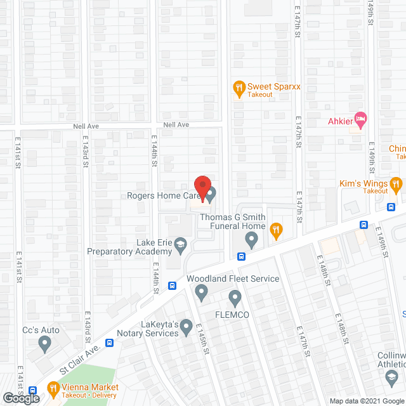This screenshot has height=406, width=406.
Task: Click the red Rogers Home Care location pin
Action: (x=202, y=188)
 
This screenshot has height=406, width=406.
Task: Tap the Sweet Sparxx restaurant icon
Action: (x=239, y=87)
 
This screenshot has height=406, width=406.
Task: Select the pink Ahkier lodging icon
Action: (x=360, y=119)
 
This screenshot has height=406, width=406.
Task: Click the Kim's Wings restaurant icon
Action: (x=397, y=184)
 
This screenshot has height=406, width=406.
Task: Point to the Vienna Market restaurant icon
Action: (x=53, y=388)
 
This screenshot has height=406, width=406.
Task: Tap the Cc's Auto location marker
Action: (x=44, y=344)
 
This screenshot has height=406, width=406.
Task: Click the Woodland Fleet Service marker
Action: (x=202, y=292)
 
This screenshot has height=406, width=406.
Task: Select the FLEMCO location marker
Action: (x=235, y=297)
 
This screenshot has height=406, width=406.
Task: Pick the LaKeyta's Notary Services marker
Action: (x=186, y=327)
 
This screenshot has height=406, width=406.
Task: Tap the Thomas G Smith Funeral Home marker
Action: (x=251, y=240)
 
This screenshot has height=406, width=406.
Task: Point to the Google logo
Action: (x=20, y=398)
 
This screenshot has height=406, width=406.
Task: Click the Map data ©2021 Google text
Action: (x=366, y=400)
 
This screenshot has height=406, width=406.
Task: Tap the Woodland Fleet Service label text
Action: (x=232, y=278)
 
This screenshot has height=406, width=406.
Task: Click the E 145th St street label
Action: (x=202, y=342)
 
